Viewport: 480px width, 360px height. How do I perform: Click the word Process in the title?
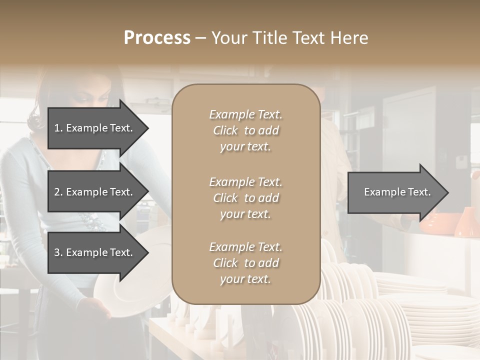tap(157, 38)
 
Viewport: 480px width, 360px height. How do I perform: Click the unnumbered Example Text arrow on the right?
tap(397, 192)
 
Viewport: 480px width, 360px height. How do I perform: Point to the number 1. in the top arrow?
tap(58, 128)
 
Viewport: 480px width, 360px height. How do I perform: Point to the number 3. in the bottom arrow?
tap(58, 252)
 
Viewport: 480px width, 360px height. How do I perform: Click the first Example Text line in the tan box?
tap(245, 114)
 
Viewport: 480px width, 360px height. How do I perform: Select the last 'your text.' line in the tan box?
tap(245, 279)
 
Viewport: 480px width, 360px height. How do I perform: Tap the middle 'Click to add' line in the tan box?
tap(245, 198)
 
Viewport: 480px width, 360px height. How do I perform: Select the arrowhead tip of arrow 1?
tap(147, 128)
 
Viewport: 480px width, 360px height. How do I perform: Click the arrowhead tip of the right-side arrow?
tap(447, 192)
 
